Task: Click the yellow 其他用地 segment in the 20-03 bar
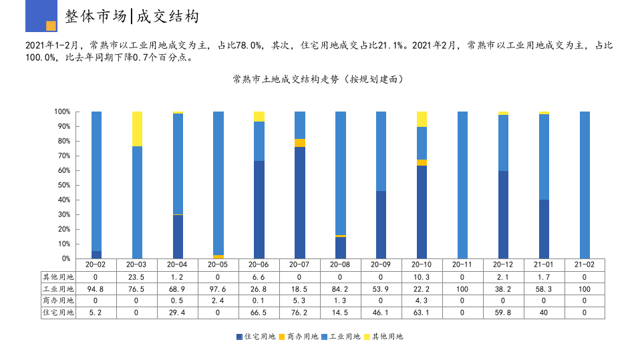coord(137,129)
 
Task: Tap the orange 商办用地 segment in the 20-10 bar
coord(422,162)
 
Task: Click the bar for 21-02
coord(585,185)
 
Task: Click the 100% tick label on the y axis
coord(62,112)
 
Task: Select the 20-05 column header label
coord(218,264)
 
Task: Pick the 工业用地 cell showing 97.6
coord(218,289)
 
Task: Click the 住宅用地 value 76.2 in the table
coord(300,313)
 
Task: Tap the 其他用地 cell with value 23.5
coord(137,277)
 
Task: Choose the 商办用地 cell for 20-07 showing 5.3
coord(300,301)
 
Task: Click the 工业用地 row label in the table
coord(58,289)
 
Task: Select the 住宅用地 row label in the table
coord(58,313)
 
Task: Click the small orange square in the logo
coord(51,26)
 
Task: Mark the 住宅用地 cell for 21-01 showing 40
coord(544,313)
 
